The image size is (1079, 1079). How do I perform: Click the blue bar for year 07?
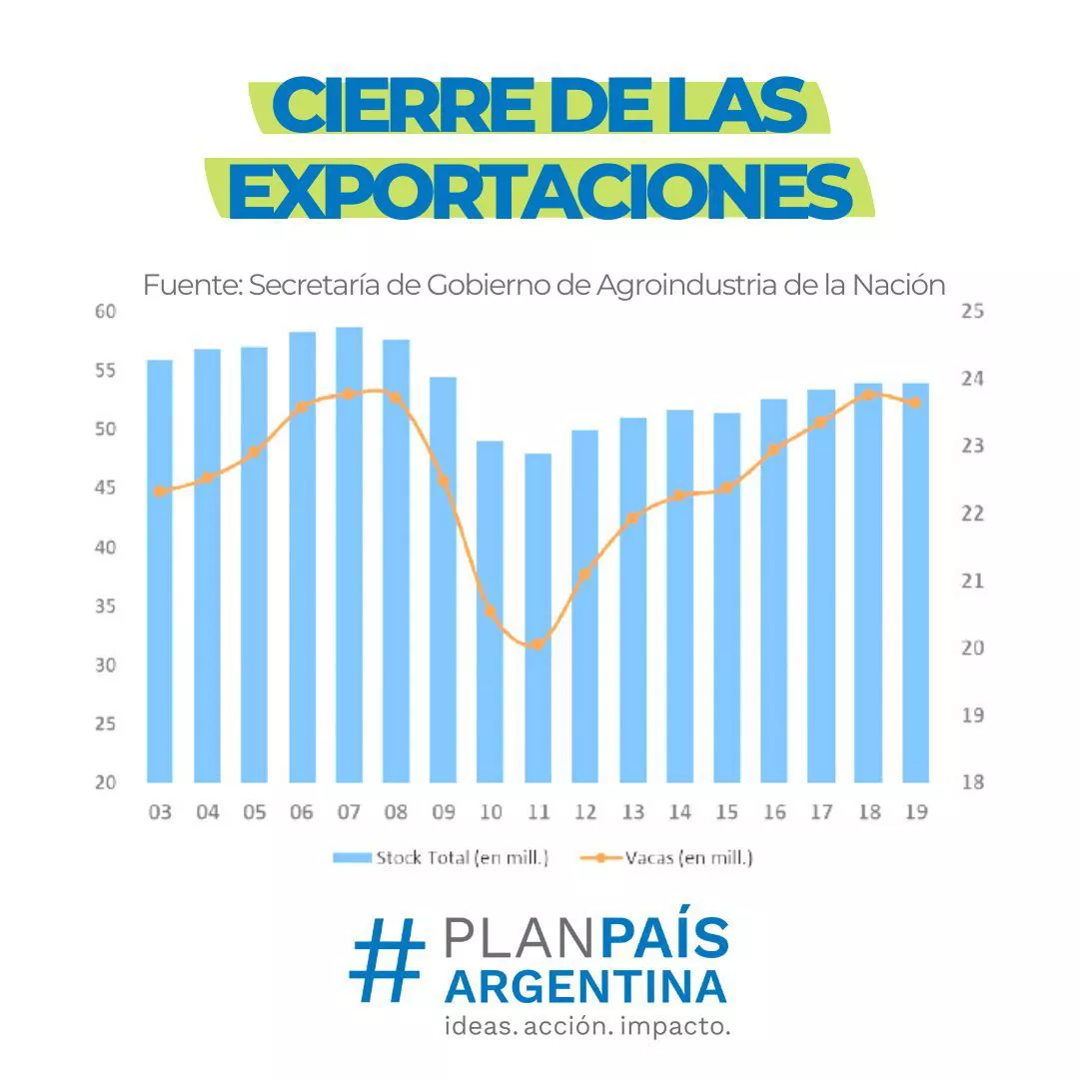pos(349,554)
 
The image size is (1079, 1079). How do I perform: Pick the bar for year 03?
pos(160,570)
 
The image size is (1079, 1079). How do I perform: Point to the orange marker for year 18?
pos(868,395)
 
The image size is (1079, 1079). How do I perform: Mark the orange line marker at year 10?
pos(490,611)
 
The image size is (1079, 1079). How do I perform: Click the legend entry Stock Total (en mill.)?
pos(443,857)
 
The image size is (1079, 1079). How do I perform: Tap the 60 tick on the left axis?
pos(106,312)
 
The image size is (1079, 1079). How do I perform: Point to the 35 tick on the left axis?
pos(106,606)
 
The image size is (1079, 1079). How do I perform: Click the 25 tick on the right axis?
pos(972,312)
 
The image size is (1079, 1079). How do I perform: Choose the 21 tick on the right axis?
pos(972,580)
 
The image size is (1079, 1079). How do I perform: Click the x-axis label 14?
pos(679,811)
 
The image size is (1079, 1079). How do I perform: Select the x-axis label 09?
pos(443,811)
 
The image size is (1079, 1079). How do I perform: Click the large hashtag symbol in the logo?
pos(387,960)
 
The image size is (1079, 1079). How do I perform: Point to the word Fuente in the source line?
pos(190,286)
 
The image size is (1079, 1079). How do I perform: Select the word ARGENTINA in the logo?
pos(585,986)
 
